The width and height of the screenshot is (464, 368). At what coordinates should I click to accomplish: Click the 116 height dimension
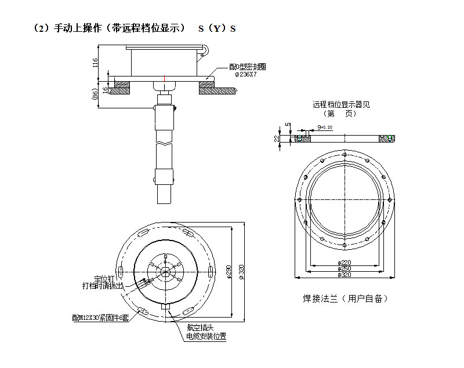[96, 62]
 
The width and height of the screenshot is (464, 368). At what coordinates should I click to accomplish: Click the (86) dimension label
[95, 94]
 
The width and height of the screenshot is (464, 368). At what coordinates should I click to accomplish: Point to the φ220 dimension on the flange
[346, 262]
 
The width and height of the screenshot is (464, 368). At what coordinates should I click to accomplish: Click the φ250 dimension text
[346, 268]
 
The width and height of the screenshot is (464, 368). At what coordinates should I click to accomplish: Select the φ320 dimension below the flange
[346, 275]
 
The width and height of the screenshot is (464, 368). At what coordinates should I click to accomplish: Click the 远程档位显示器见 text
[341, 105]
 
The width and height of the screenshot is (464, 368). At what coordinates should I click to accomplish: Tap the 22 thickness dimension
[277, 138]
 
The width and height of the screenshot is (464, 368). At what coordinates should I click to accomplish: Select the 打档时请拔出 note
[103, 286]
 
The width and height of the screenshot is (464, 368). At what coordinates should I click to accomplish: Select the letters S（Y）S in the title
[217, 28]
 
